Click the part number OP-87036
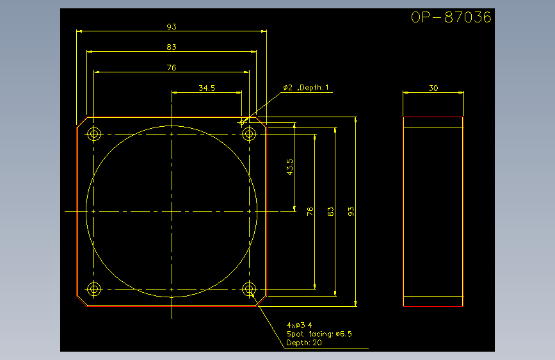pyautogui.click(x=451, y=17)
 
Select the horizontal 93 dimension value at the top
pyautogui.click(x=172, y=26)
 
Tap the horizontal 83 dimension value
pyautogui.click(x=172, y=47)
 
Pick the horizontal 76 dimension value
pyautogui.click(x=172, y=68)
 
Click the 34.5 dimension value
pyautogui.click(x=207, y=88)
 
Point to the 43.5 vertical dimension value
pyautogui.click(x=290, y=167)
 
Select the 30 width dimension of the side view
pyautogui.click(x=433, y=88)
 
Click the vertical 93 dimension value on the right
pyautogui.click(x=351, y=211)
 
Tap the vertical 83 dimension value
pyautogui.click(x=330, y=211)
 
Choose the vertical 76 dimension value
pyautogui.click(x=310, y=211)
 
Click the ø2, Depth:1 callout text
pyautogui.click(x=306, y=88)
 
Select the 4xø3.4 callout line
pyautogui.click(x=300, y=325)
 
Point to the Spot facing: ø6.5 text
pyautogui.click(x=319, y=334)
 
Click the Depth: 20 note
pyautogui.click(x=304, y=343)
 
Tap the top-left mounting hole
pyautogui.click(x=94, y=135)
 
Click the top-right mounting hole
pyautogui.click(x=249, y=135)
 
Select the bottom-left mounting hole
pyautogui.click(x=94, y=289)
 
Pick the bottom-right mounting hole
pyautogui.click(x=249, y=289)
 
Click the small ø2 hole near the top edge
pyautogui.click(x=242, y=122)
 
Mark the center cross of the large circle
pyautogui.click(x=172, y=211)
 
